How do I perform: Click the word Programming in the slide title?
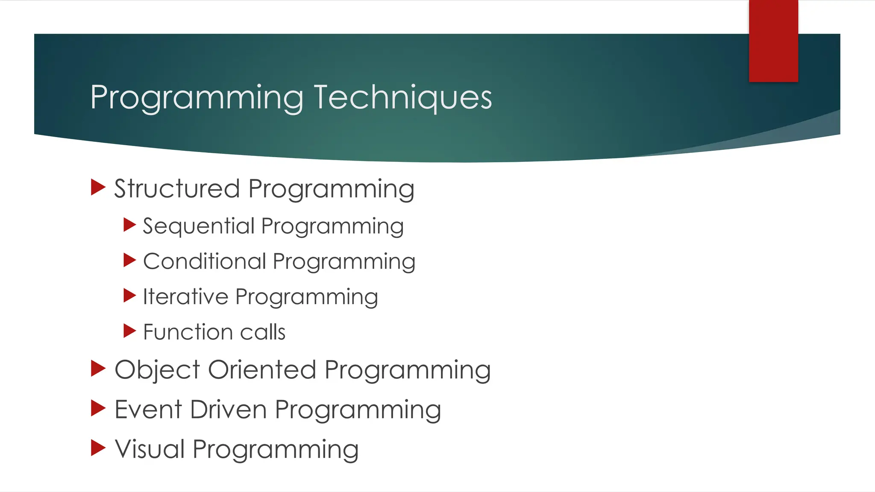click(x=197, y=98)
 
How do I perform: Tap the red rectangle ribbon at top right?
click(x=773, y=41)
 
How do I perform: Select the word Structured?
click(x=177, y=189)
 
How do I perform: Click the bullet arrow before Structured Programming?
click(x=98, y=187)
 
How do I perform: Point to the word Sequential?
click(x=198, y=226)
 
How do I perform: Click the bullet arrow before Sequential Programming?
click(x=129, y=224)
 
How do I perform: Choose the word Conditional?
click(x=204, y=261)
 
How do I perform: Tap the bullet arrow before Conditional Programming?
click(x=129, y=260)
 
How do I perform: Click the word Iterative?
click(x=185, y=296)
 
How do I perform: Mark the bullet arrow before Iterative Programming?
click(x=129, y=295)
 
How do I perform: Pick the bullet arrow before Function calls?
click(x=129, y=331)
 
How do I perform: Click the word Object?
click(x=157, y=370)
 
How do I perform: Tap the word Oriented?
click(x=262, y=369)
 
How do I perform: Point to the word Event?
click(x=148, y=409)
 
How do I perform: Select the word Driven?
click(x=228, y=409)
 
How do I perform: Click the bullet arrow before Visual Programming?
click(x=98, y=448)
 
